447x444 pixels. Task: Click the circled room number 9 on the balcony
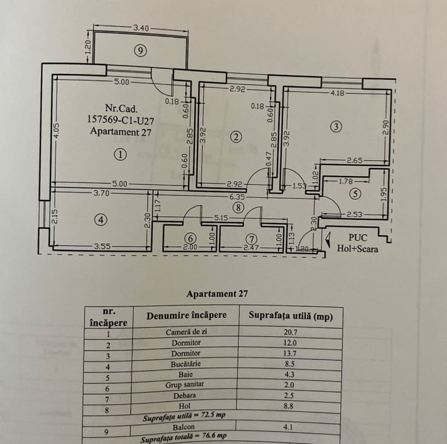tap(141, 51)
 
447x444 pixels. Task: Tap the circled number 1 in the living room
tap(120, 155)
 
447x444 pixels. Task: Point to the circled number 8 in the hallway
tap(237, 207)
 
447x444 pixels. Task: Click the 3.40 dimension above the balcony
tap(141, 27)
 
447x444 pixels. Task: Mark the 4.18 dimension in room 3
tap(338, 94)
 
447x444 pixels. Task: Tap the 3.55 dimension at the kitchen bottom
tap(102, 247)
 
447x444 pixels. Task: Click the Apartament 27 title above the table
tap(217, 294)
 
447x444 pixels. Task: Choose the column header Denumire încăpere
tap(186, 316)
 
